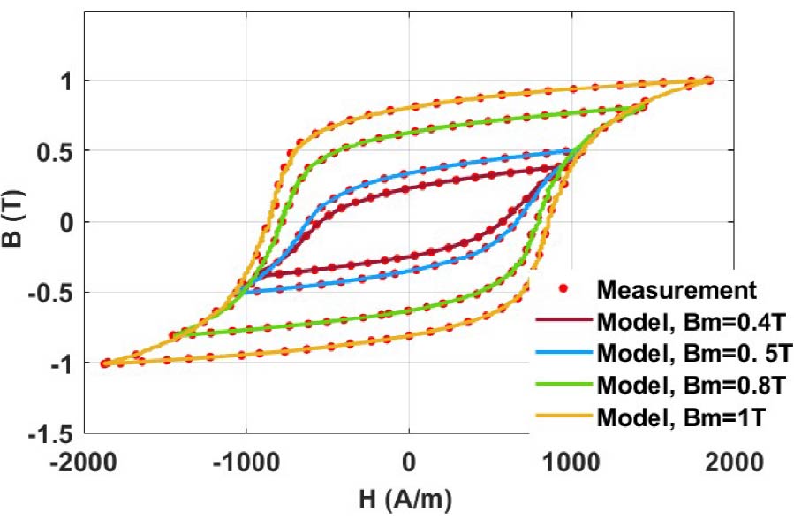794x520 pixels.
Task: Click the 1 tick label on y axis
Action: point(66,81)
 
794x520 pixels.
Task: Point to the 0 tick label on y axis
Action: point(66,222)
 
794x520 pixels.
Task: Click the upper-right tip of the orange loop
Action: point(708,80)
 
